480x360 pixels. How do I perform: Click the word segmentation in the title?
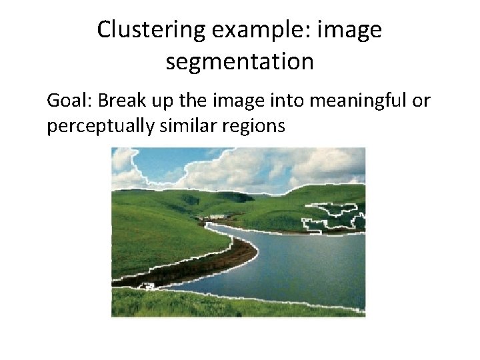(239, 62)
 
